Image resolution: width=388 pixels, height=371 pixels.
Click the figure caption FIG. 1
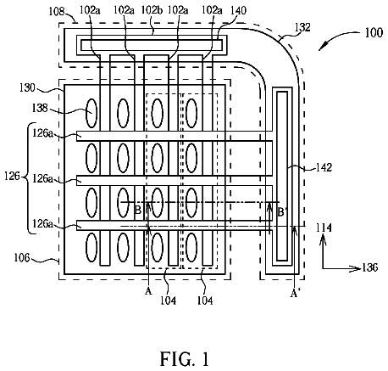pyautogui.click(x=185, y=359)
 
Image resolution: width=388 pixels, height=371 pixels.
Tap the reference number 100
pyautogui.click(x=374, y=32)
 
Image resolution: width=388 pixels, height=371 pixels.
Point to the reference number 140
pyautogui.click(x=239, y=10)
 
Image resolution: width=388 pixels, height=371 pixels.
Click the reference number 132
pyautogui.click(x=302, y=27)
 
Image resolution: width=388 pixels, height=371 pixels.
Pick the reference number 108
pyautogui.click(x=57, y=12)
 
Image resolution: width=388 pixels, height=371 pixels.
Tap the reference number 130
pyautogui.click(x=27, y=87)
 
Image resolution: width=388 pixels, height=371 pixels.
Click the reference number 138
pyautogui.click(x=40, y=108)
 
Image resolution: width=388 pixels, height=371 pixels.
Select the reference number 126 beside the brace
pyautogui.click(x=13, y=177)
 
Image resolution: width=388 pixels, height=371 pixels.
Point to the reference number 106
pyautogui.click(x=22, y=257)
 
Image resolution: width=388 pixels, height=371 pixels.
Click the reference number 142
pyautogui.click(x=324, y=167)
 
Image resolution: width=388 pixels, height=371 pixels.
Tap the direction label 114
pyautogui.click(x=324, y=228)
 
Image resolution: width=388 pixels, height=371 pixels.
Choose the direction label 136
pyautogui.click(x=370, y=267)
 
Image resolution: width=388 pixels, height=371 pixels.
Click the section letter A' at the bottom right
pyautogui.click(x=295, y=294)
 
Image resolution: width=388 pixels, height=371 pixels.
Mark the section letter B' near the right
pyautogui.click(x=281, y=211)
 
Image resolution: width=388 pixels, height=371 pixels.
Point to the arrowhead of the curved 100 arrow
pyautogui.click(x=324, y=46)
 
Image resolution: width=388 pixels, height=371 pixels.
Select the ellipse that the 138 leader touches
pyautogui.click(x=91, y=113)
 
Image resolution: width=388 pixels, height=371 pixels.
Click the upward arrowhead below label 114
pyautogui.click(x=324, y=241)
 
